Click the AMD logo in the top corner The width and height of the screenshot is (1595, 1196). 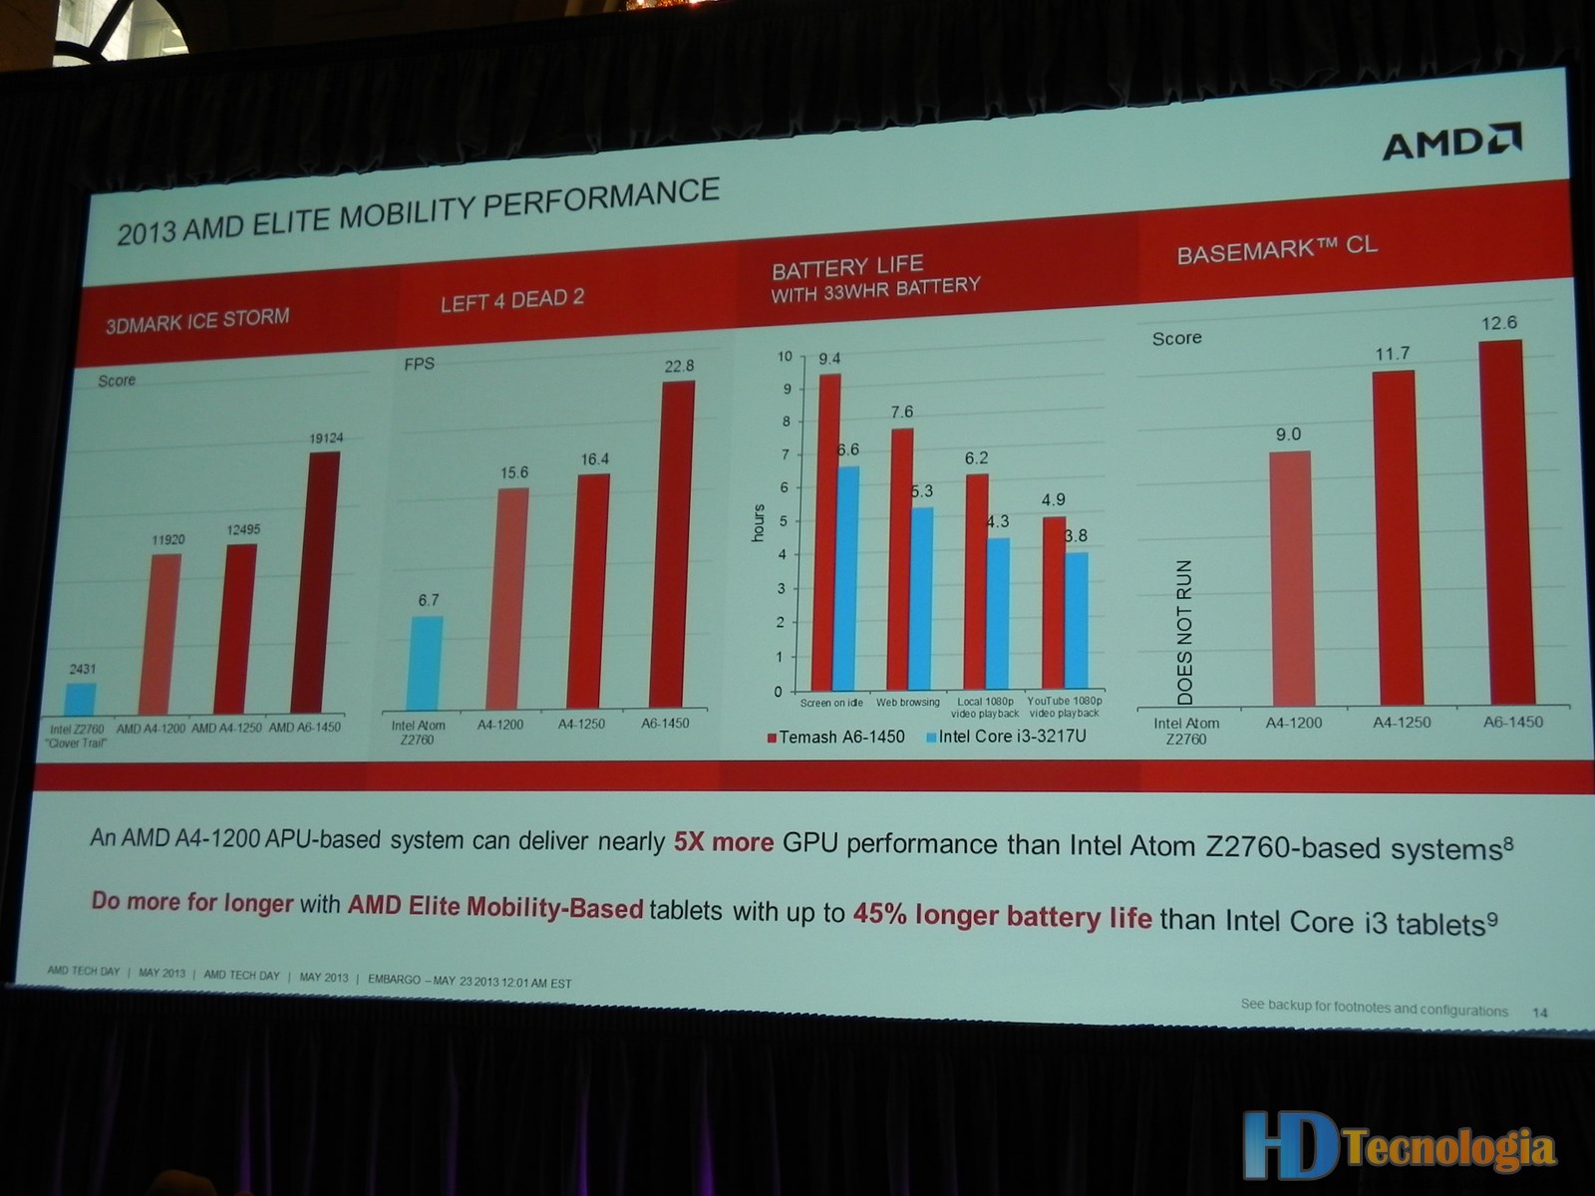click(x=1450, y=144)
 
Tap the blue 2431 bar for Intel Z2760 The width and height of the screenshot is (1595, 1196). click(x=81, y=699)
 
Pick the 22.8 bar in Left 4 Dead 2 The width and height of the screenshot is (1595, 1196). click(x=678, y=544)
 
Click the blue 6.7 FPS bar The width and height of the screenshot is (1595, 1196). click(x=426, y=663)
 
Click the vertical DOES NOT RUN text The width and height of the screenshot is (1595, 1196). click(x=1184, y=633)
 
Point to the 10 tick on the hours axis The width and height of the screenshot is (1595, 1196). click(x=785, y=357)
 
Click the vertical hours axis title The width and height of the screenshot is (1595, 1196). click(x=759, y=522)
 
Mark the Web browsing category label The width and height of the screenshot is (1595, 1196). click(x=907, y=703)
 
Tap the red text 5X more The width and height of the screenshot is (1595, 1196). click(x=724, y=842)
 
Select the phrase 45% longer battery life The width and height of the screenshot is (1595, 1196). click(x=1002, y=915)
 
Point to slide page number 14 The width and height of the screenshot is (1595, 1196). click(x=1540, y=1013)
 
